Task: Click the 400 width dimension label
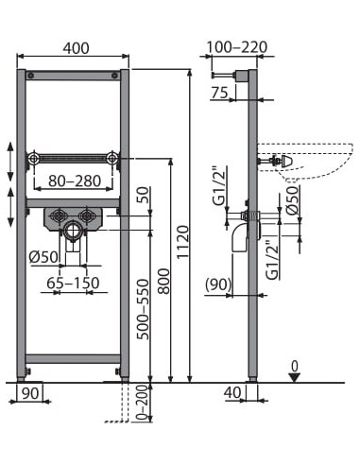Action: tap(76, 48)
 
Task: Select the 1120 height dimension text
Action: tap(182, 242)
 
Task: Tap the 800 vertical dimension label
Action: tap(163, 281)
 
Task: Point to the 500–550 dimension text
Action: tap(144, 309)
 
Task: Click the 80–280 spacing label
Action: tap(75, 181)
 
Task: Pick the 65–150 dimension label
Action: tap(73, 283)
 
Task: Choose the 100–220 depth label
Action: tap(237, 47)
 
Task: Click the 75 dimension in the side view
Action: tap(219, 93)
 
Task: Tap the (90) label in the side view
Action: tap(218, 284)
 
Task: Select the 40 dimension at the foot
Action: tap(232, 392)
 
